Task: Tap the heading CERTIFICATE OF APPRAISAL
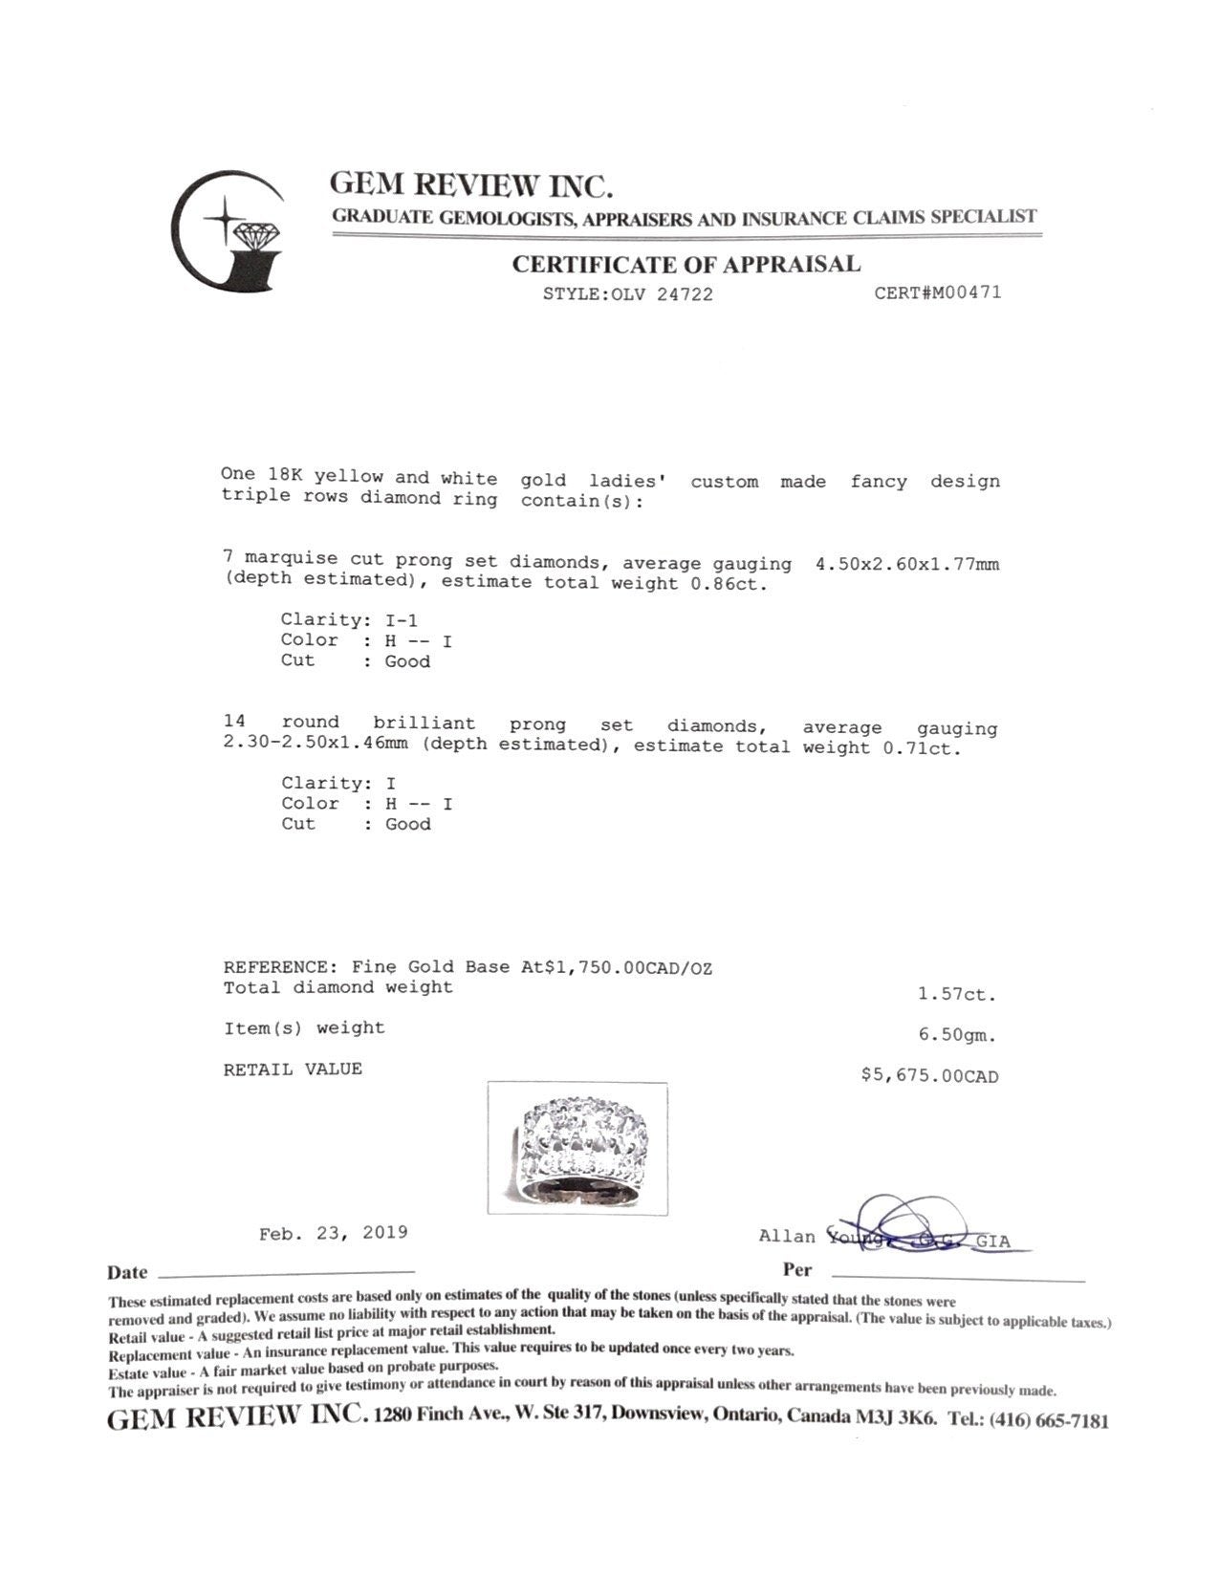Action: point(686,265)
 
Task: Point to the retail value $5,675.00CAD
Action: point(929,1076)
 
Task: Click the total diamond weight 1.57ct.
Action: point(956,994)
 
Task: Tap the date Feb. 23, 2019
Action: point(333,1233)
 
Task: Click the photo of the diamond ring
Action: point(577,1148)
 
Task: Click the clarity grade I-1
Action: point(401,620)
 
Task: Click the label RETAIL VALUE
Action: point(293,1069)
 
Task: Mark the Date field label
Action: point(127,1273)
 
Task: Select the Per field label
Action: point(796,1270)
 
